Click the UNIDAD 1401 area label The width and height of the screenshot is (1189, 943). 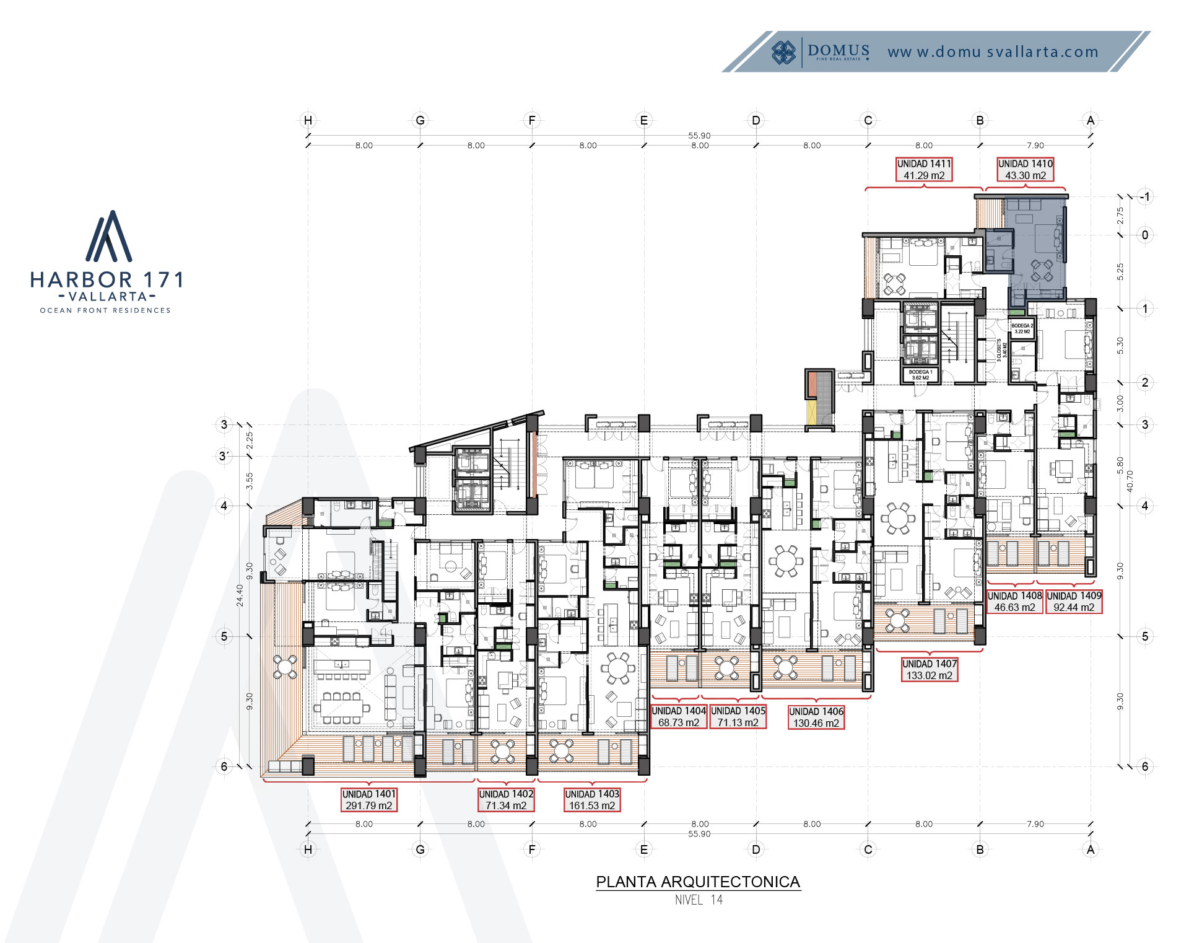(368, 799)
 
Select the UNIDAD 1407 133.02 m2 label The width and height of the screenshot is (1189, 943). (929, 669)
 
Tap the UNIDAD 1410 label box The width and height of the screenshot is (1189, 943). (1025, 169)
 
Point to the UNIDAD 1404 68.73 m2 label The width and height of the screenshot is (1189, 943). (678, 716)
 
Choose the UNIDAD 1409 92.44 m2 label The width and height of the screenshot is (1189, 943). (1074, 601)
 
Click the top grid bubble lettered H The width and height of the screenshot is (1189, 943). (308, 120)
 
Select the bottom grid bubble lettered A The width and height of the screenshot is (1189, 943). (1091, 849)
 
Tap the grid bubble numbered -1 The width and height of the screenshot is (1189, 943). (1145, 197)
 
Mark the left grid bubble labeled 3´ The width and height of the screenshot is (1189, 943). (224, 456)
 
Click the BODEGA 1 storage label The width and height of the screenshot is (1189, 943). (920, 375)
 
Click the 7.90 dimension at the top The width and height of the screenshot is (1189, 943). (1035, 146)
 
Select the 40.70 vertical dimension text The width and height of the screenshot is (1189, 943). (1130, 481)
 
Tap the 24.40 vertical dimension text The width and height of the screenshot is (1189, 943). (240, 595)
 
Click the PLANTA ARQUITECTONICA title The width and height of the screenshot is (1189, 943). (698, 882)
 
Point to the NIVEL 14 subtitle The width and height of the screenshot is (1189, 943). (698, 900)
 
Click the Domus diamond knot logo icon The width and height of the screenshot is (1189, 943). (783, 52)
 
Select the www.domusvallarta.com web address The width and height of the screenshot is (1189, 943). (993, 52)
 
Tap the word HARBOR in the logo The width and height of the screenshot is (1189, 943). (81, 280)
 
